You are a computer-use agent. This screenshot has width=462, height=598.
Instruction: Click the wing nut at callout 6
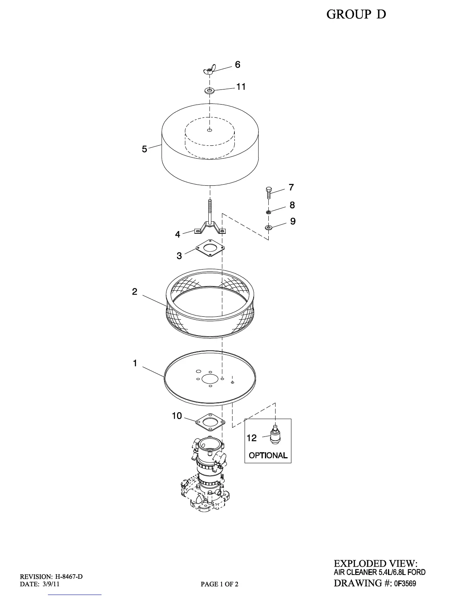pos(208,70)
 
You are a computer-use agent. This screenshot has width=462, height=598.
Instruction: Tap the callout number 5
pos(145,149)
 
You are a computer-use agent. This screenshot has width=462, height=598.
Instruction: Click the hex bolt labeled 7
pos(269,192)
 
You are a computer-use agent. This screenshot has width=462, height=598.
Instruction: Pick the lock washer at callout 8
pos(268,213)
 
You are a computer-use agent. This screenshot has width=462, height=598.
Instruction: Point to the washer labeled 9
pos(268,227)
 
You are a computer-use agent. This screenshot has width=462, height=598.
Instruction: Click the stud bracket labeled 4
pos(209,227)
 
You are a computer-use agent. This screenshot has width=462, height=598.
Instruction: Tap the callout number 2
pos(135,292)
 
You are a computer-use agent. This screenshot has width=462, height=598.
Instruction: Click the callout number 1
pos(135,364)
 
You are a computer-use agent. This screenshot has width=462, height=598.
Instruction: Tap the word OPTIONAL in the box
pos(268,455)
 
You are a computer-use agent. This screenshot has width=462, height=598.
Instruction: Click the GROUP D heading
pos(356,14)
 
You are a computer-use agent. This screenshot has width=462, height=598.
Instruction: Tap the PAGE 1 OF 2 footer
pos(219,584)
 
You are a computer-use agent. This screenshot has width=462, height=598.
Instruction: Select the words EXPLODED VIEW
pos(376,564)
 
